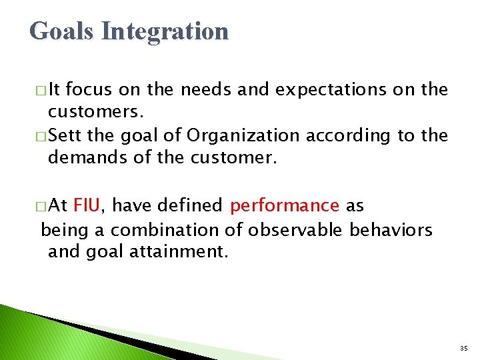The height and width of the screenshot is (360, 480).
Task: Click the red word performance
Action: coord(285,206)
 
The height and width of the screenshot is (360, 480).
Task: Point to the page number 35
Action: coord(463,349)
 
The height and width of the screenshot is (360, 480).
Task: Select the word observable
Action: coord(296,230)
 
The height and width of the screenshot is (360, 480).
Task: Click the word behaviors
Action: coord(391,230)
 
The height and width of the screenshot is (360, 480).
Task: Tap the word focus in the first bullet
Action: coord(107,90)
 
